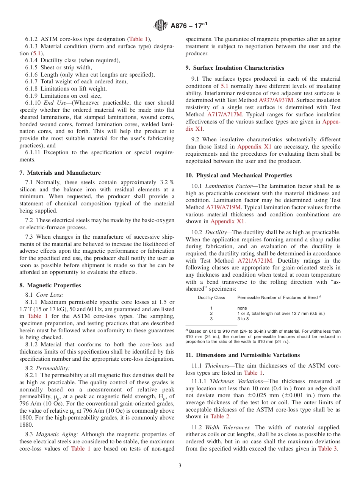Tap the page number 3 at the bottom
(x=180, y=466)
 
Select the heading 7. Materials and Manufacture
(x=60, y=173)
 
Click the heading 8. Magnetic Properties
(x=50, y=285)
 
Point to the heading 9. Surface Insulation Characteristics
(x=235, y=68)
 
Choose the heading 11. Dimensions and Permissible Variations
(x=243, y=355)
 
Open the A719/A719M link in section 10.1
(x=223, y=207)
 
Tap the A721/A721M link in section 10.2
(x=255, y=261)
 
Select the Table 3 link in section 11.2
(x=327, y=449)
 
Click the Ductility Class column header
(x=211, y=297)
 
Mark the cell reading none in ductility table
(x=242, y=308)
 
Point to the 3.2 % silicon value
(x=166, y=182)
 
